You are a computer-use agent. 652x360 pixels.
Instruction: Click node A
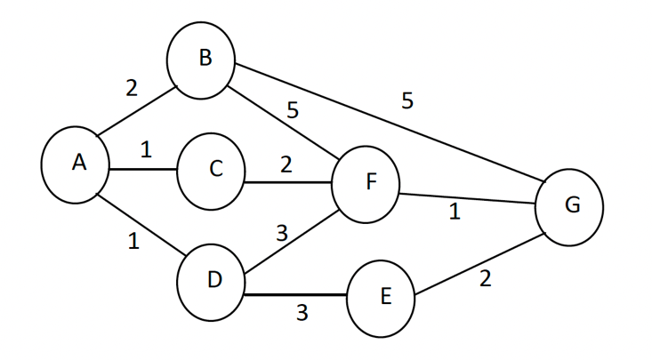(x=76, y=164)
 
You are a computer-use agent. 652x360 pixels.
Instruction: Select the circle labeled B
(x=201, y=60)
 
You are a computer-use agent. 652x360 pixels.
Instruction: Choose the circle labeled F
(x=366, y=184)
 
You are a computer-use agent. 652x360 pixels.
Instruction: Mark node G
(x=569, y=206)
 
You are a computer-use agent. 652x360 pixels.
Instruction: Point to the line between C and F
(x=288, y=183)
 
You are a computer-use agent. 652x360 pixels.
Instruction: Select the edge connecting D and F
(x=289, y=235)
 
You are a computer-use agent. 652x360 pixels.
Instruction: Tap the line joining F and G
(x=467, y=198)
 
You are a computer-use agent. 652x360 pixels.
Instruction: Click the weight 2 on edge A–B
(x=132, y=88)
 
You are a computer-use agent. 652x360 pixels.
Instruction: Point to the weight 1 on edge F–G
(x=455, y=213)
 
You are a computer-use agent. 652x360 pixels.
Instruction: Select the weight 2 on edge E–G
(x=485, y=279)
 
